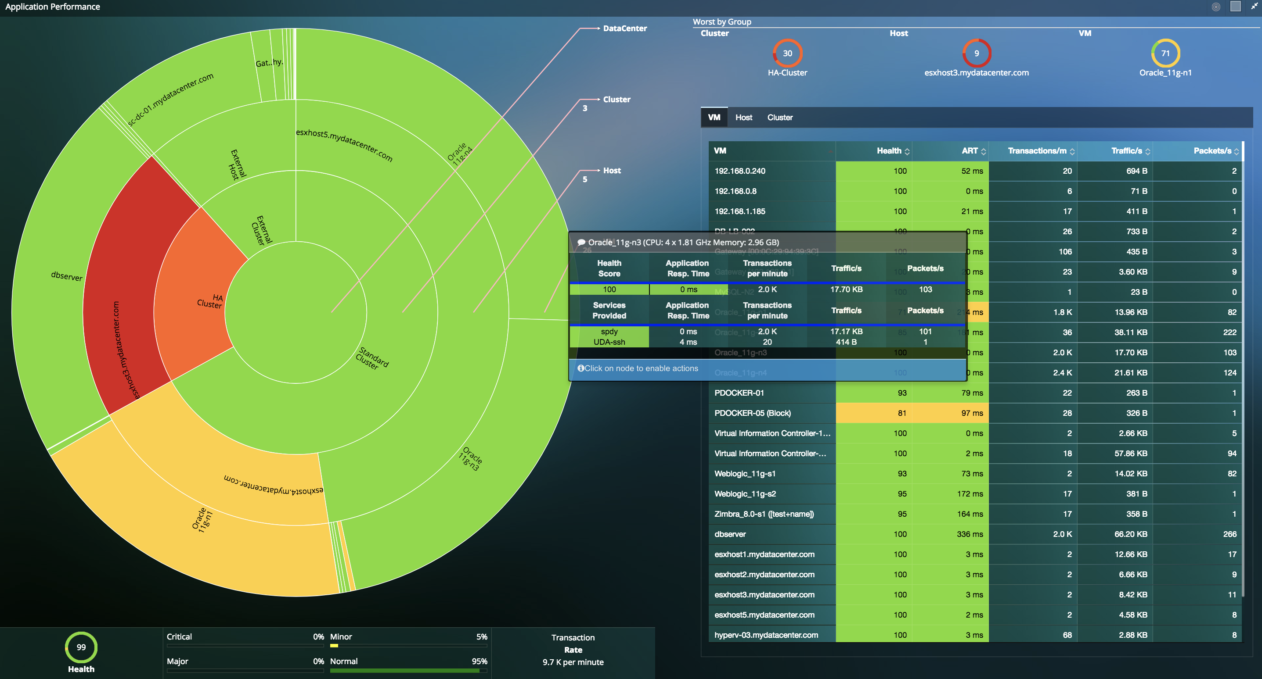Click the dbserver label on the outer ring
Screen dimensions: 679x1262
point(67,276)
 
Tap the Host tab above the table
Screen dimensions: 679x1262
point(743,118)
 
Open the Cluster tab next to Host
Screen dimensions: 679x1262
point(779,118)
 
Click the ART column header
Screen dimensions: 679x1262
point(969,151)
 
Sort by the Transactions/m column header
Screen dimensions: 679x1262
point(1037,151)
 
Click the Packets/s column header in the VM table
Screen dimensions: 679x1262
point(1212,151)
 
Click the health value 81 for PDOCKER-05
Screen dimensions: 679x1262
point(901,413)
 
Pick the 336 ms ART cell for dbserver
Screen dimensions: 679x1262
point(970,534)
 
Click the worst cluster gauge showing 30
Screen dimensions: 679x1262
point(787,54)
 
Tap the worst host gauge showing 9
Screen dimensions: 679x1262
point(977,54)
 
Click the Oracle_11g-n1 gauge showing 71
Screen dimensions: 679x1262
point(1165,54)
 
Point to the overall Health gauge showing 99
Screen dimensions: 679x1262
point(81,647)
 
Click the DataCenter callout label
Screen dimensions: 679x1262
point(624,29)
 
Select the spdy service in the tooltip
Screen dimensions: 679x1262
point(609,332)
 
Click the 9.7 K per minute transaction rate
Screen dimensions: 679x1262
point(573,662)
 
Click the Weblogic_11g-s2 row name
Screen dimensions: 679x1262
point(745,493)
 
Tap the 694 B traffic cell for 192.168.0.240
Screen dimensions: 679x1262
point(1136,171)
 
